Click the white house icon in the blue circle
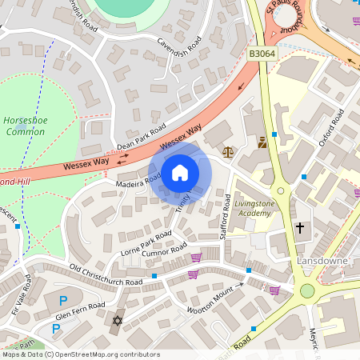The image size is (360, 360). point(180,172)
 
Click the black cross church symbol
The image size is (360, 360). point(300,228)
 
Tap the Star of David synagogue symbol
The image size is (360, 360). point(118,321)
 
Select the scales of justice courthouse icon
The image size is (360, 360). point(229,150)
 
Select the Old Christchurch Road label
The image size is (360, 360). point(106,275)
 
